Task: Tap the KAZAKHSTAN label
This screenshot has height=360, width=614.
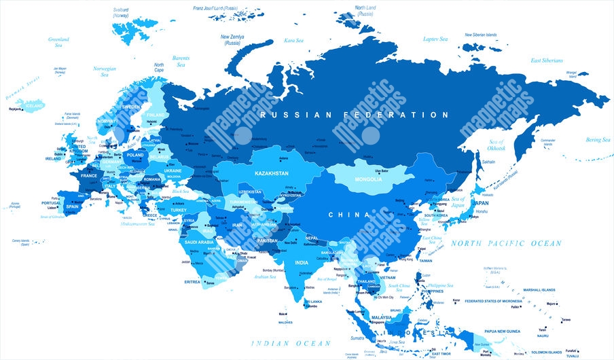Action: tap(272, 174)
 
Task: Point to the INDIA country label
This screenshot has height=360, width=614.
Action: tap(302, 262)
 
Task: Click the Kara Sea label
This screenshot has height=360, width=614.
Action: tap(293, 40)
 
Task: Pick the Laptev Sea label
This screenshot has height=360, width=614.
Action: tap(435, 39)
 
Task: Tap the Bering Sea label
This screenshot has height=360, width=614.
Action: tap(598, 139)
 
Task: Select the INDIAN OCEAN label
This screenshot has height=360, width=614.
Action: tap(284, 344)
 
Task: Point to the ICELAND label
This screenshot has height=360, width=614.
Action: tap(34, 107)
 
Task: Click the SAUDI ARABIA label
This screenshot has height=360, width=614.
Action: tap(200, 242)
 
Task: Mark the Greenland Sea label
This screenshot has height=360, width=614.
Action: tap(58, 43)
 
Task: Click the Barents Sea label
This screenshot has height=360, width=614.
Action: tap(181, 62)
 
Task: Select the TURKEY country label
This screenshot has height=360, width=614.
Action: tap(178, 210)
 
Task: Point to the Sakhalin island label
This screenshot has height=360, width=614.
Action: tap(488, 162)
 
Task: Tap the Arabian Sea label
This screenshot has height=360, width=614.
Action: tap(264, 277)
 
